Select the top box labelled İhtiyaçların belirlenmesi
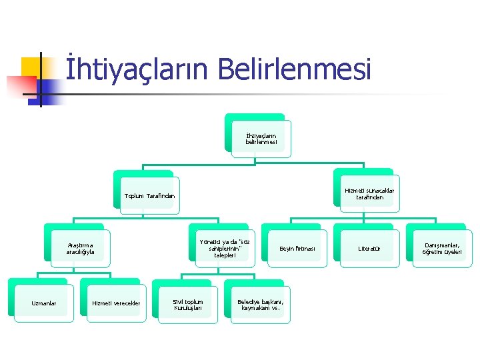pos(261,139)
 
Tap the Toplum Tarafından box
pos(149,196)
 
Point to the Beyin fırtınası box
pos(296,249)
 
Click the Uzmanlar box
pos(44,304)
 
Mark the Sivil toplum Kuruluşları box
pos(188,304)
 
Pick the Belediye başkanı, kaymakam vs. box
pos(261,304)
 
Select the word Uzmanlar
pos(44,304)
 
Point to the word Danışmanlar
pos(441,245)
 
